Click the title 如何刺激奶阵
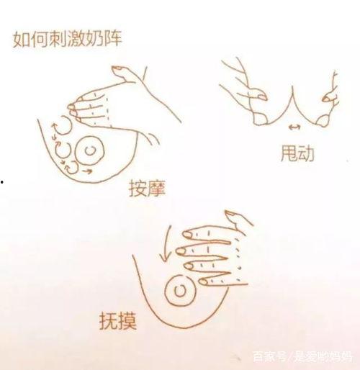(x=67, y=38)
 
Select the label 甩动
(x=296, y=153)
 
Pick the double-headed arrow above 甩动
(x=292, y=127)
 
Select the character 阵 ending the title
(x=112, y=38)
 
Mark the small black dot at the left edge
(x=3, y=181)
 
